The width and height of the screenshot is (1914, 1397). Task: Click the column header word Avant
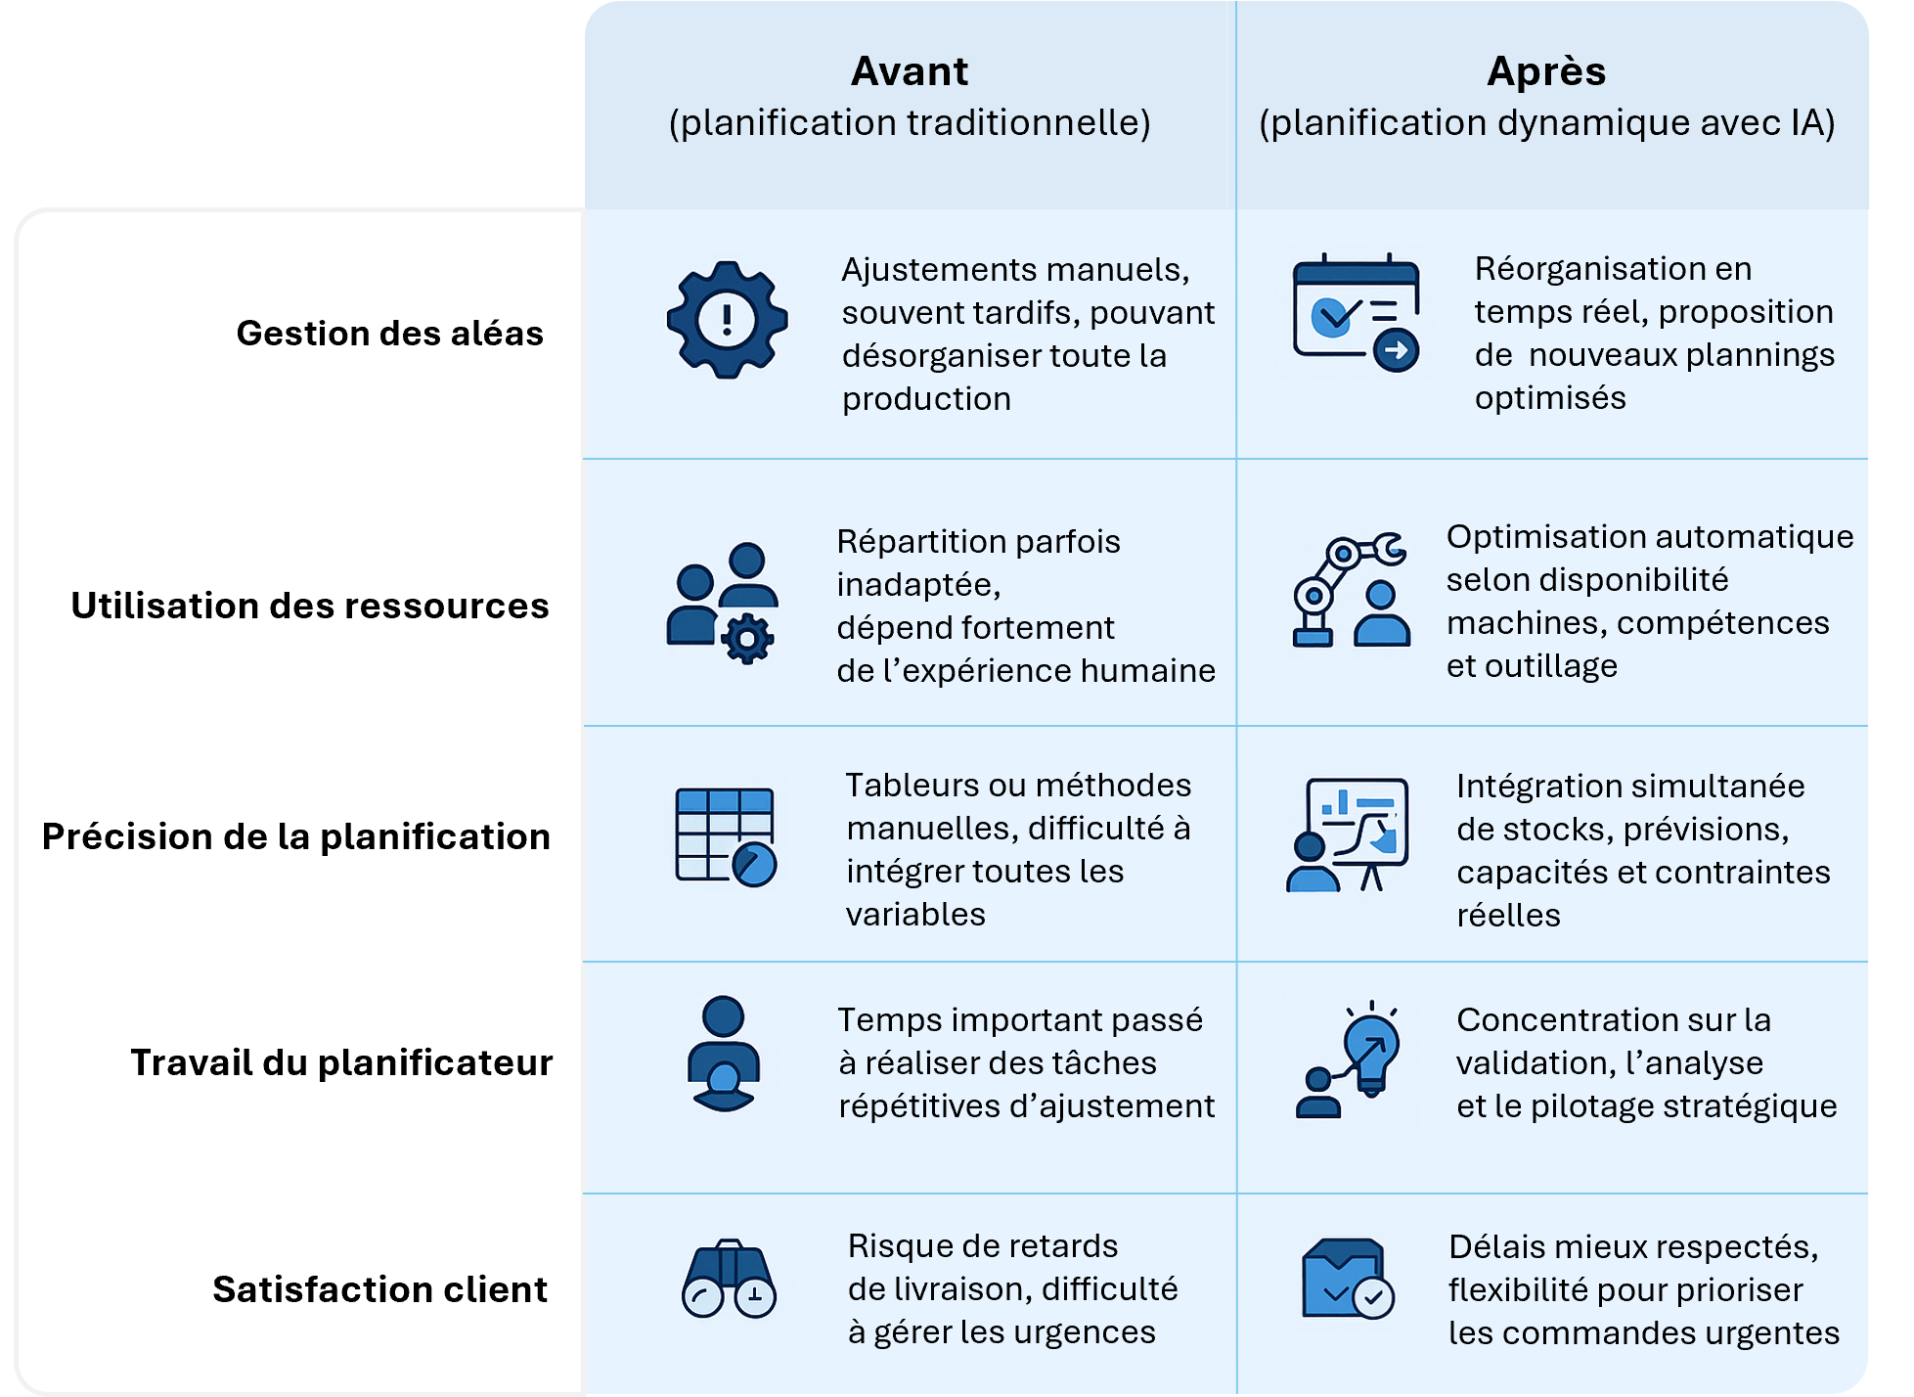(910, 71)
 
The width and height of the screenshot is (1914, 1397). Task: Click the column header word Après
(1546, 71)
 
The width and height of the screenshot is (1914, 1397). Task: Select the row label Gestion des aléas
(389, 334)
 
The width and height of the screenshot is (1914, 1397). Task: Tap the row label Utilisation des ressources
(310, 606)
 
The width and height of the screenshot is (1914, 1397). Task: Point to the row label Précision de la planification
(296, 836)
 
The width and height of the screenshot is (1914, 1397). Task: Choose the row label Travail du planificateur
(341, 1062)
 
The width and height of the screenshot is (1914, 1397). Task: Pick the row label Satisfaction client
(379, 1289)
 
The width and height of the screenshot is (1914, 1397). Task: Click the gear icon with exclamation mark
(727, 320)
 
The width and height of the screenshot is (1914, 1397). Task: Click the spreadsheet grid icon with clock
(726, 837)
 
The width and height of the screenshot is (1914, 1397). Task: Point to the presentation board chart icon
(1348, 834)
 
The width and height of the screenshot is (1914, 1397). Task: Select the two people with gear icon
(723, 603)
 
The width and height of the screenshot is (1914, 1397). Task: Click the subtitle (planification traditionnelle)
(910, 123)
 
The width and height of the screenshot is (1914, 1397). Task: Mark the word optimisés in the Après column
(1550, 398)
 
